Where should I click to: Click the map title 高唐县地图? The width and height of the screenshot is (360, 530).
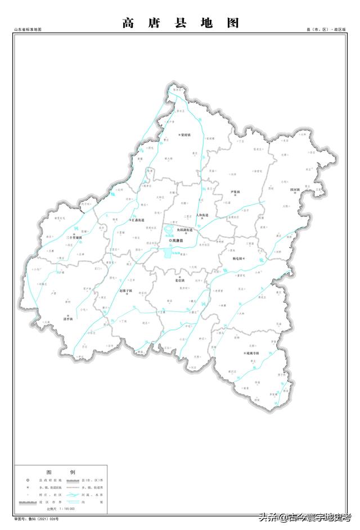(180, 23)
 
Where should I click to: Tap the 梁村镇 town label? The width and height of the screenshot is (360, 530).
(184, 135)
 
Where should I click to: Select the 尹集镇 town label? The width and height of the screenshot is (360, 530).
(235, 192)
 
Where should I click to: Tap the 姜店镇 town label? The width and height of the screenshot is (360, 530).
(179, 280)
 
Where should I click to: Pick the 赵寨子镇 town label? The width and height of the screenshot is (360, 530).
(126, 291)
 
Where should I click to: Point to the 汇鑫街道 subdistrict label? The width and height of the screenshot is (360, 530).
(138, 220)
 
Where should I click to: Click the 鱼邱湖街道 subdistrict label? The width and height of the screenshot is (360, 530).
(182, 230)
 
